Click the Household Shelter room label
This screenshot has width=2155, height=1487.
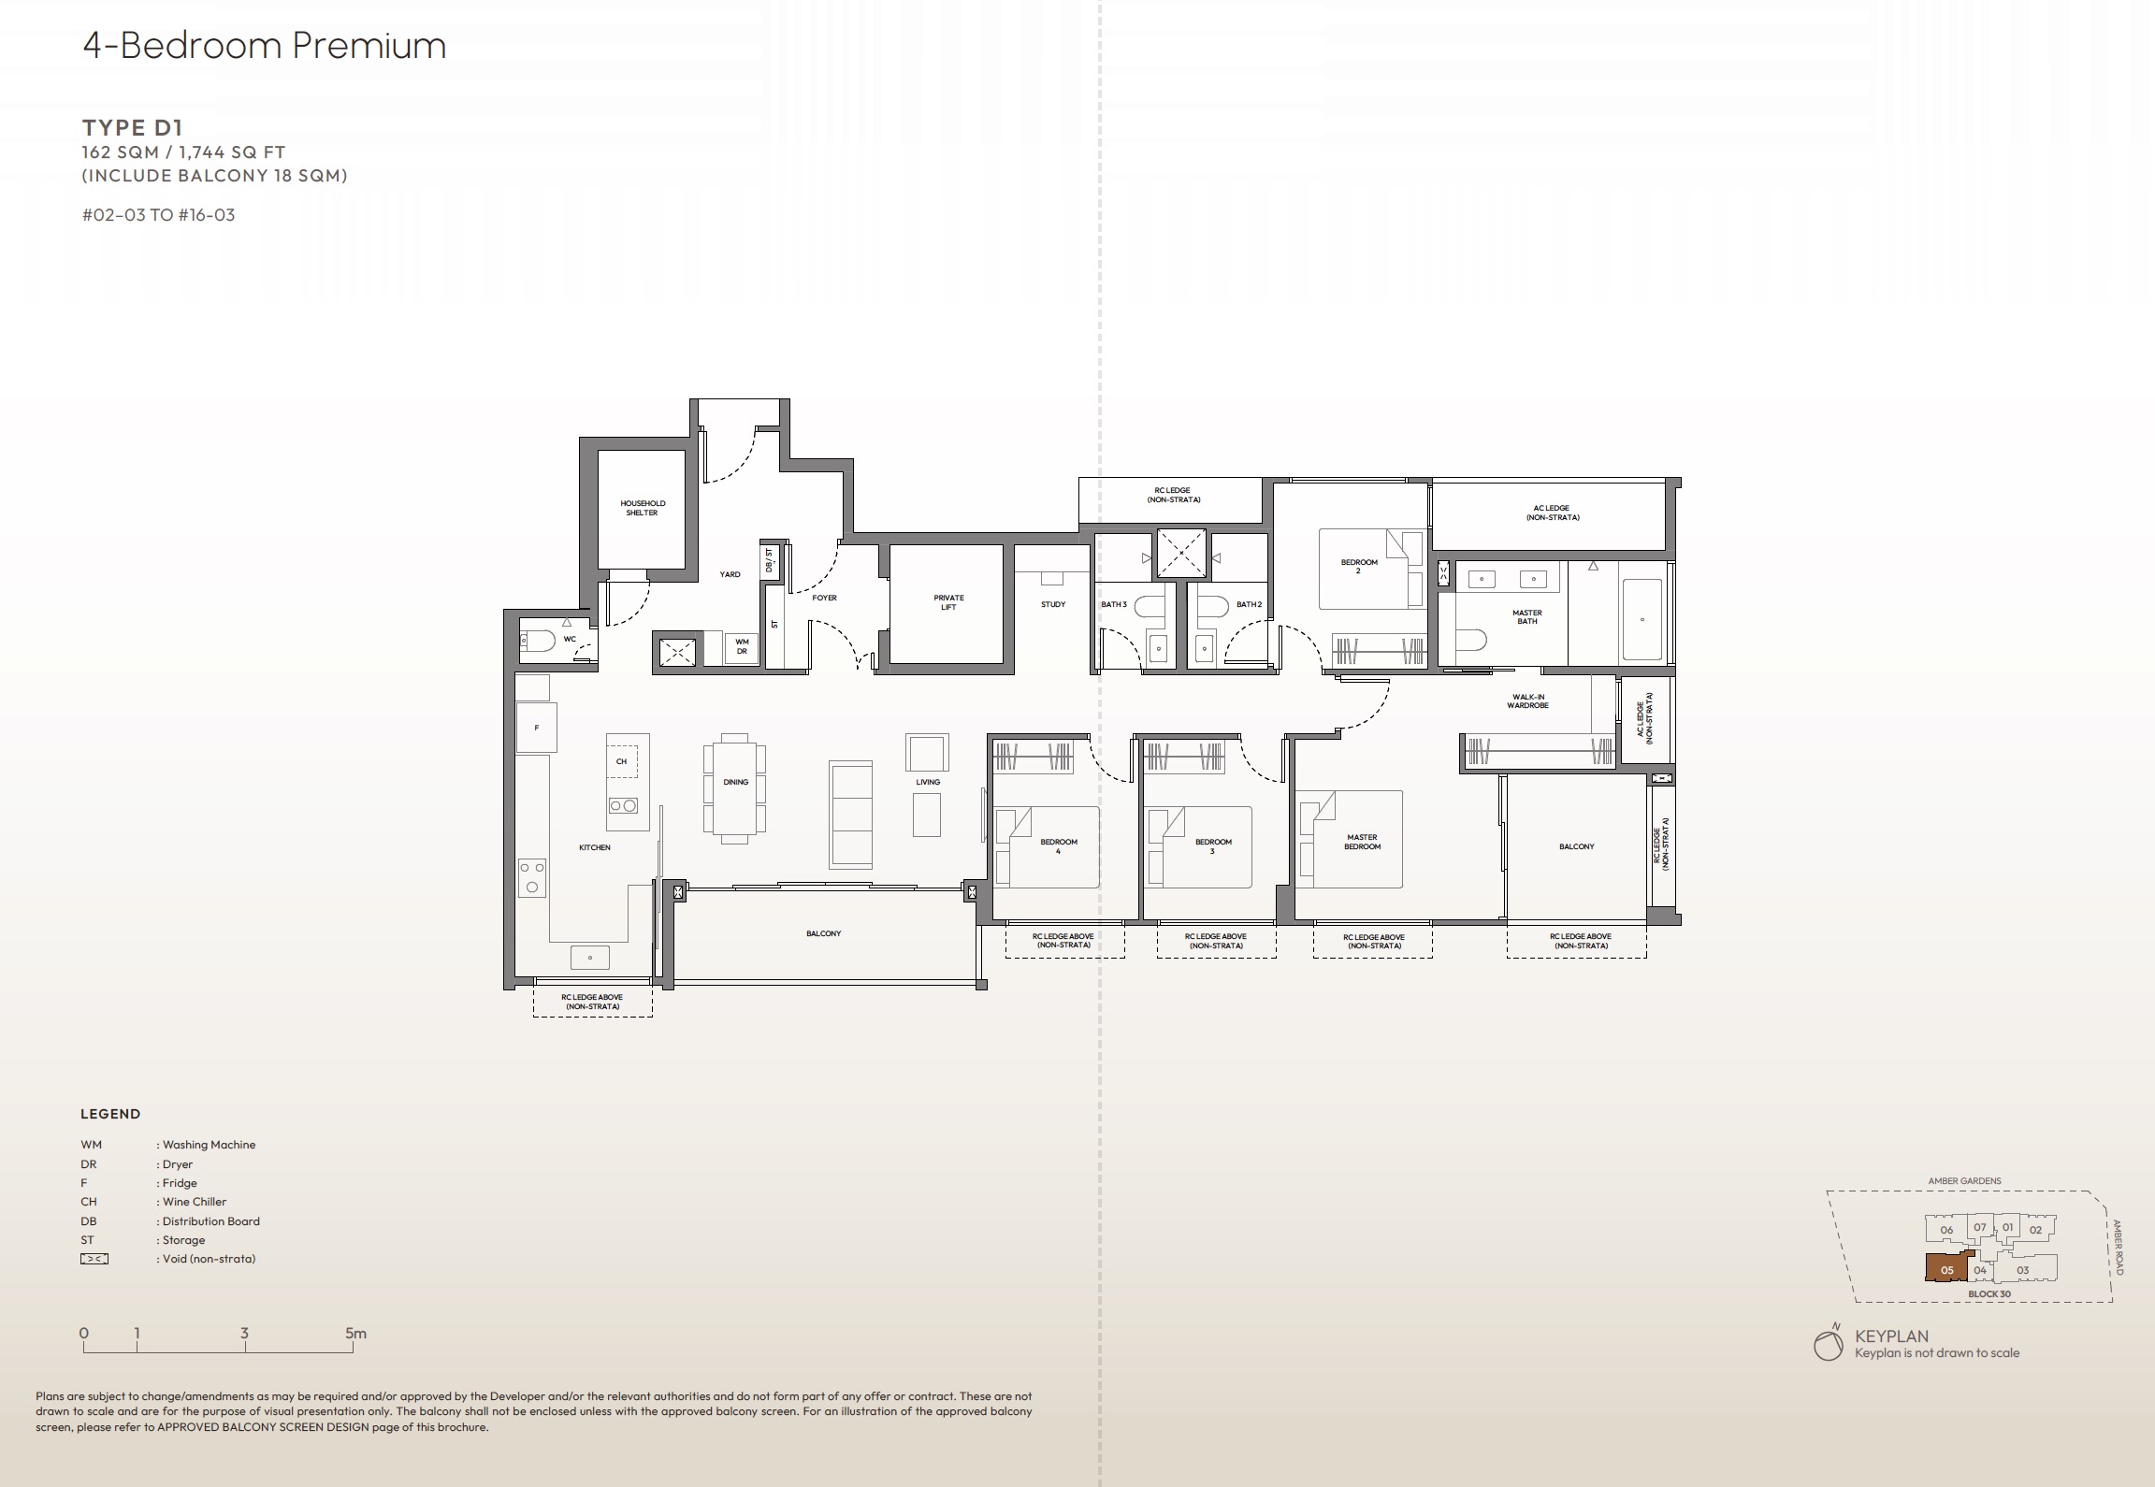click(643, 508)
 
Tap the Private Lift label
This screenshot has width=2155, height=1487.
click(948, 602)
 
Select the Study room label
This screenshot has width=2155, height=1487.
click(1053, 604)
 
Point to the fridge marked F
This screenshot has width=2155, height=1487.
click(537, 728)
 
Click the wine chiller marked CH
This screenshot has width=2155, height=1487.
click(621, 761)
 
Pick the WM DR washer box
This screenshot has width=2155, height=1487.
click(742, 646)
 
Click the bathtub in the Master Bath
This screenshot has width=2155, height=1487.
click(1642, 619)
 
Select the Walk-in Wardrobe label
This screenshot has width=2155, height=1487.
click(1527, 700)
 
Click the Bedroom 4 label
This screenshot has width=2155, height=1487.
click(1059, 845)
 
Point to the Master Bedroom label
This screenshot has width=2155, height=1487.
click(1362, 842)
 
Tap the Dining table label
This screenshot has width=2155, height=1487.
click(735, 782)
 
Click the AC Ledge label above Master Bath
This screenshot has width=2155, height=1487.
click(1551, 513)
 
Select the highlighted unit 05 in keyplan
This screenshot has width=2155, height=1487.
click(1947, 1269)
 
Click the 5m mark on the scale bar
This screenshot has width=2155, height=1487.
click(355, 1335)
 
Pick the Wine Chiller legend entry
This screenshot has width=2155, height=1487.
click(194, 1202)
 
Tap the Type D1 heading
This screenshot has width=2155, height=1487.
click(133, 127)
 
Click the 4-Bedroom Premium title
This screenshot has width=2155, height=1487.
click(265, 46)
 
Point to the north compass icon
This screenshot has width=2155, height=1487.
click(1828, 1345)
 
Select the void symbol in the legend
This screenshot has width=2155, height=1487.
click(94, 1259)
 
